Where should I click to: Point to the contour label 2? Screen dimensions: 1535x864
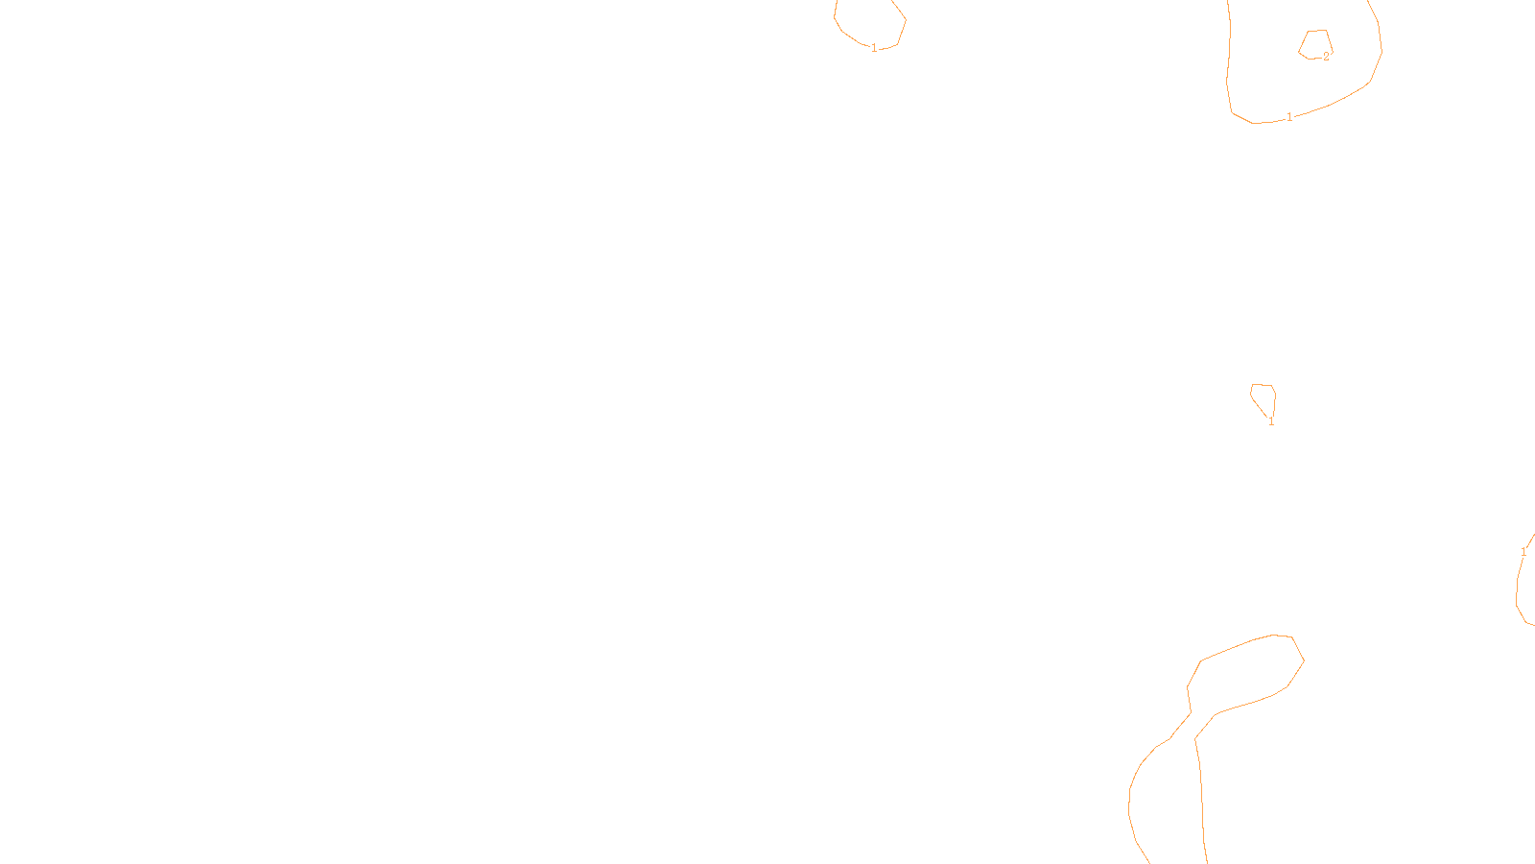[1326, 57]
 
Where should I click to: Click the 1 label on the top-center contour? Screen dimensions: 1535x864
[874, 48]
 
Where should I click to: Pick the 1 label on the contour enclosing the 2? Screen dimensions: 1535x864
[1289, 117]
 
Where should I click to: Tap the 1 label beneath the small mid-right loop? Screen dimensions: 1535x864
[1271, 421]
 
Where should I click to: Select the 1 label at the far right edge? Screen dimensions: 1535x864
[1523, 552]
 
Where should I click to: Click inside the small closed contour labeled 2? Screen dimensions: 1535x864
[1315, 44]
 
